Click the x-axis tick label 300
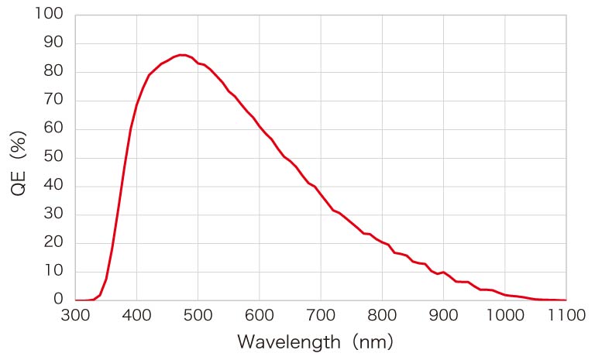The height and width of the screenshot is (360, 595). pyautogui.click(x=75, y=316)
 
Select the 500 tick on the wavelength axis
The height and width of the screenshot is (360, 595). pyautogui.click(x=198, y=316)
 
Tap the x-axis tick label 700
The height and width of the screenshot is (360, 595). pyautogui.click(x=321, y=316)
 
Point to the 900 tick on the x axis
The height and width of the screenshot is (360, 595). pyautogui.click(x=443, y=316)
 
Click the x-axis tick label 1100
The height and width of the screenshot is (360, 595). pyautogui.click(x=566, y=316)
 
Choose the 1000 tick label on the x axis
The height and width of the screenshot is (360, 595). pyautogui.click(x=505, y=316)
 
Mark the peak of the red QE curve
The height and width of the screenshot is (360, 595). pyautogui.click(x=182, y=55)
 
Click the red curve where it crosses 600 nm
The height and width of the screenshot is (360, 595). pyautogui.click(x=260, y=127)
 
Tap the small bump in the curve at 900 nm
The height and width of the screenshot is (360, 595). pyautogui.click(x=443, y=272)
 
